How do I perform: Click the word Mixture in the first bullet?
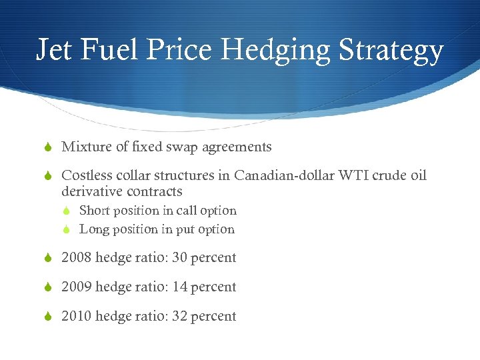(x=85, y=147)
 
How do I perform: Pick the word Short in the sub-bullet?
(x=94, y=211)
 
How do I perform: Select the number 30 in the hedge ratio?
(x=179, y=258)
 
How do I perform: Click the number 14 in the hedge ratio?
(x=179, y=287)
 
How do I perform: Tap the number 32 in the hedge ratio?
(x=179, y=317)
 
